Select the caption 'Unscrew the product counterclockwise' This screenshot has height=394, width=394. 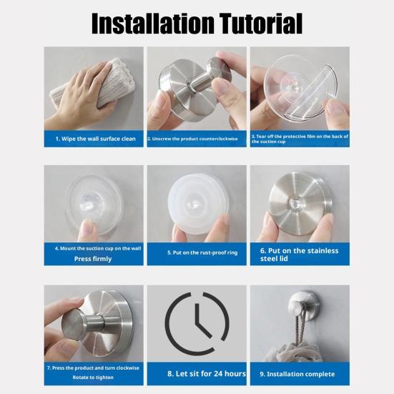click(196, 138)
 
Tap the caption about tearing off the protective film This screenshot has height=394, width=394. click(299, 138)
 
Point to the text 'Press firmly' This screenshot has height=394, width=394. click(93, 259)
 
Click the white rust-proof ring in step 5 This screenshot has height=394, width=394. click(197, 205)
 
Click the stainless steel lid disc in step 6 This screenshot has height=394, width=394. click(300, 202)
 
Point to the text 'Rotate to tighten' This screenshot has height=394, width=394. click(93, 378)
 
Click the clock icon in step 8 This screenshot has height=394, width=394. click(197, 323)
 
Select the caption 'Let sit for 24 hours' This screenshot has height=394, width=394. click(206, 373)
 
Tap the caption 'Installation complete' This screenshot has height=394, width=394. click(300, 373)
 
